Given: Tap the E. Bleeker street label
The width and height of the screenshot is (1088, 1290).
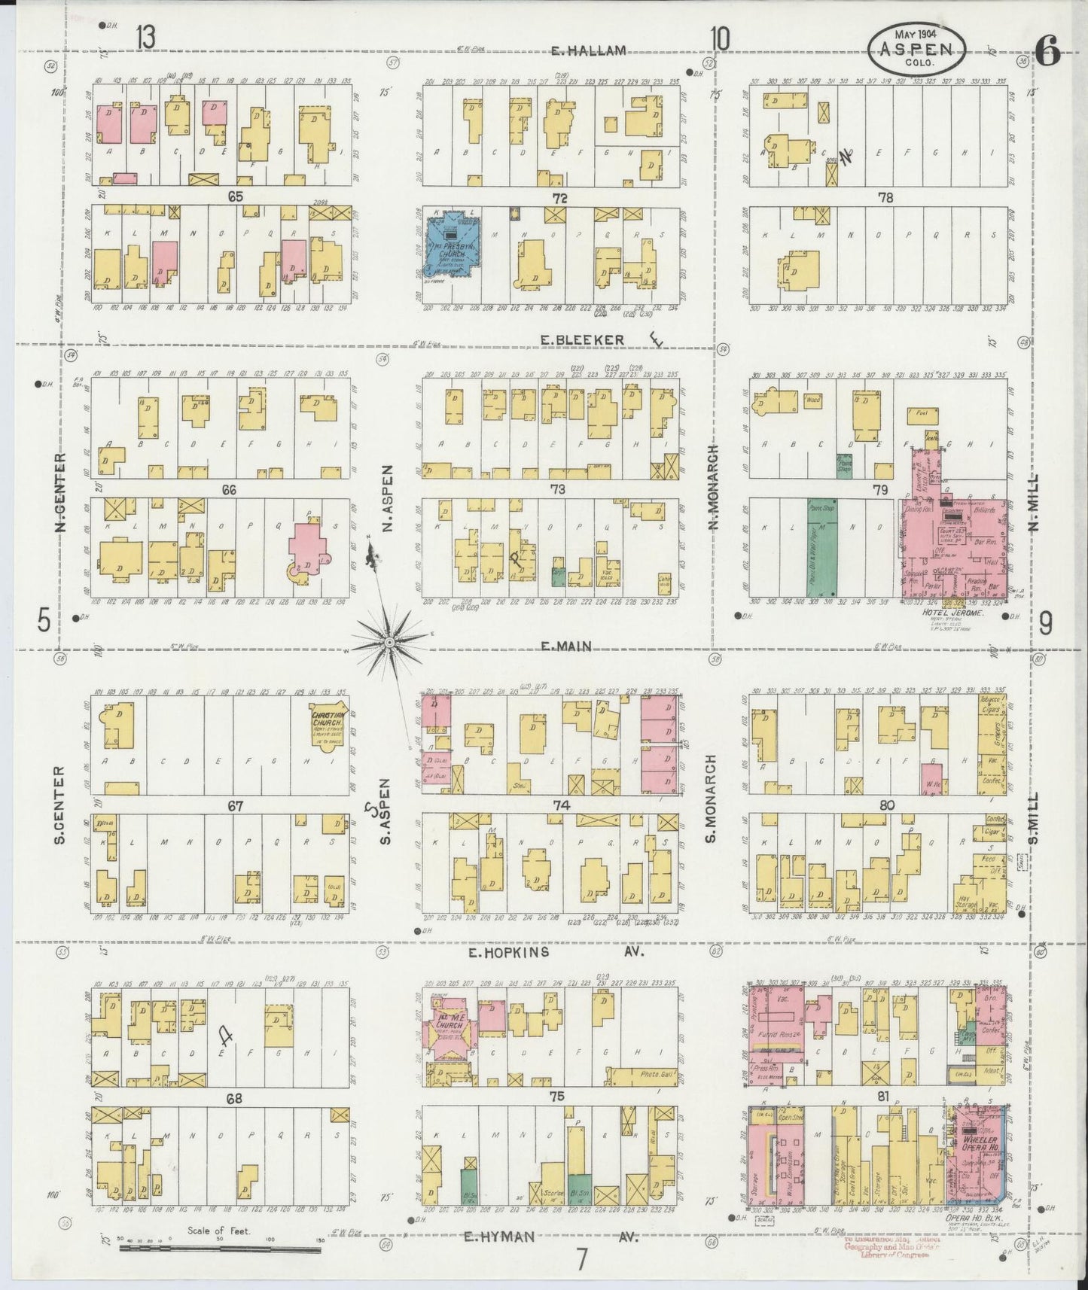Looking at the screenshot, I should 583,340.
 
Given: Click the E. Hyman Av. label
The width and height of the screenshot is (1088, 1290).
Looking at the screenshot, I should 550,1237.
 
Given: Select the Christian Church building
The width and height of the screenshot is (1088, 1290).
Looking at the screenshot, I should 328,727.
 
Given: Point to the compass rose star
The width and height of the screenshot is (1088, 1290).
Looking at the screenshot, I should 389,642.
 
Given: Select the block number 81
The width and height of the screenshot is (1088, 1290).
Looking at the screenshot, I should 883,1097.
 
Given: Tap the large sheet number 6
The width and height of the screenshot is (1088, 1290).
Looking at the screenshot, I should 1047,52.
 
